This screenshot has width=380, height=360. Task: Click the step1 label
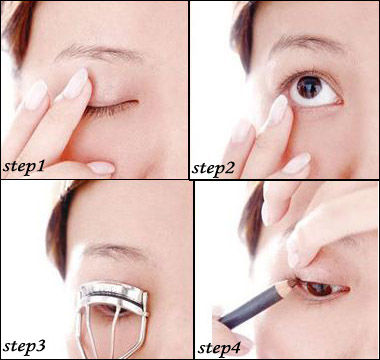point(23,166)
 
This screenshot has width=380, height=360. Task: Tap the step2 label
point(213,168)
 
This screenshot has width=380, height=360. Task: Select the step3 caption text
point(24,347)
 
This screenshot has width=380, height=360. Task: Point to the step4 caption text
point(219,348)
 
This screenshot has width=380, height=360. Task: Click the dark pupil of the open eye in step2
point(309,87)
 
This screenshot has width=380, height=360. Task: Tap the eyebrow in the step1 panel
point(100,53)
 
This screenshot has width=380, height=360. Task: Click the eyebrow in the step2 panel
point(307,43)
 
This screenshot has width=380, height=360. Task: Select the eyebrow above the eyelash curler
point(113,252)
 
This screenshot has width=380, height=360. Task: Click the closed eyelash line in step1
point(112,107)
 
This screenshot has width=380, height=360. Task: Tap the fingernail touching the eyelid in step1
point(76,83)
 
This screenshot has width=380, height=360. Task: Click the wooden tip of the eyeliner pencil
point(287,286)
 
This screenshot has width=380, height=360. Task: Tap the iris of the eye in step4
point(319,289)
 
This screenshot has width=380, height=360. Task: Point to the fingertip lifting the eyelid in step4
point(294,256)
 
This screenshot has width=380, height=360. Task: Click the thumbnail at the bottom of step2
point(297,164)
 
